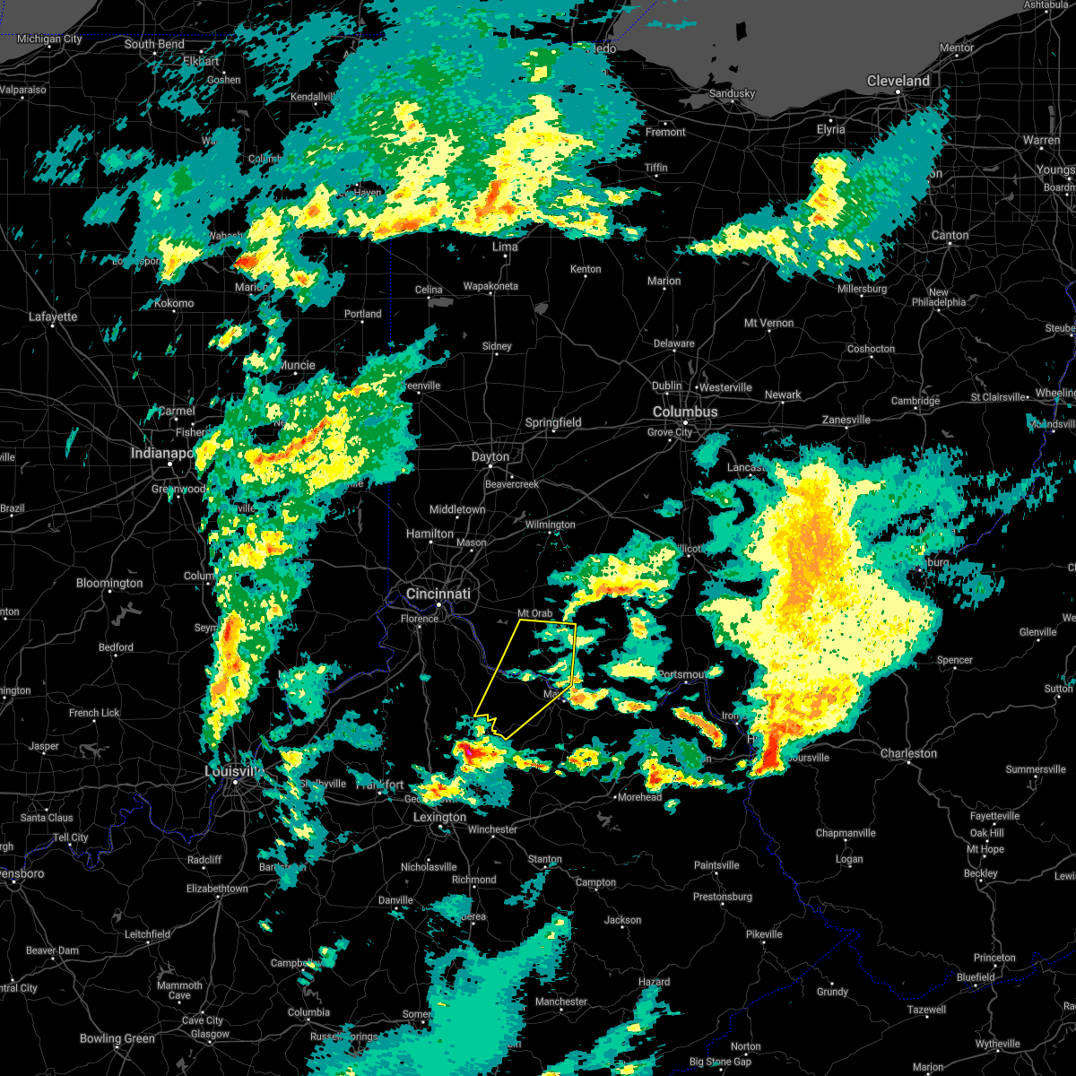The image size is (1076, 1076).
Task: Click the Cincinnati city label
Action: click(x=438, y=594)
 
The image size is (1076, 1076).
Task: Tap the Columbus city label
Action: click(x=685, y=412)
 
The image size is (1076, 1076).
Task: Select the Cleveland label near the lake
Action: click(x=898, y=81)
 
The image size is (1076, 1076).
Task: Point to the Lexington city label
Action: click(x=439, y=817)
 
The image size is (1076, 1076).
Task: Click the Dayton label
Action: click(x=490, y=456)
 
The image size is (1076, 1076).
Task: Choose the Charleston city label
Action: click(x=909, y=753)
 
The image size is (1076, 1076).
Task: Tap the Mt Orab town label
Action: click(x=535, y=613)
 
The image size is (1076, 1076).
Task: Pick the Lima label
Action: click(x=506, y=247)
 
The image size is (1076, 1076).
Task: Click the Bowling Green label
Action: click(x=117, y=1038)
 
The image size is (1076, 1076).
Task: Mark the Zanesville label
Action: click(x=846, y=420)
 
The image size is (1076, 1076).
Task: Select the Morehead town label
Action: click(x=640, y=796)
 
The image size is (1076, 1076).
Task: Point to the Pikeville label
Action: click(x=764, y=933)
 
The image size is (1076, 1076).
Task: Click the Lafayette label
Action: click(x=53, y=317)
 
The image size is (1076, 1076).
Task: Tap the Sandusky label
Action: click(x=733, y=93)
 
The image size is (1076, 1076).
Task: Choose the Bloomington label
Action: click(x=109, y=583)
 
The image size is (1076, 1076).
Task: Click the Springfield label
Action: click(x=553, y=422)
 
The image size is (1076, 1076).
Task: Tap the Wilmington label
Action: click(x=550, y=525)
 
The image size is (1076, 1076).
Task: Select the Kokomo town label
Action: click(x=174, y=303)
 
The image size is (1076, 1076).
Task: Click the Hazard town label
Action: click(x=654, y=982)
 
